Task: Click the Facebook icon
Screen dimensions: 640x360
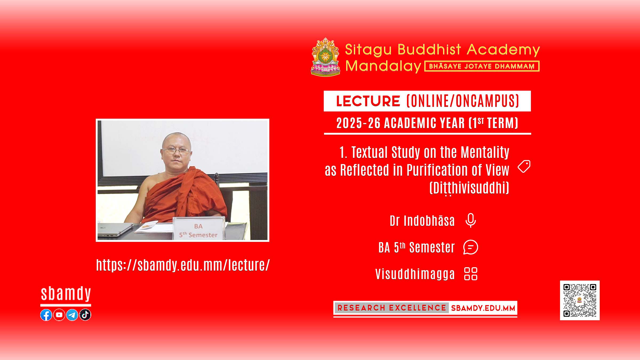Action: [x=46, y=315]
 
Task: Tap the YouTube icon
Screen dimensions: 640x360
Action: [x=59, y=315]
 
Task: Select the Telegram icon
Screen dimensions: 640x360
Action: [x=72, y=315]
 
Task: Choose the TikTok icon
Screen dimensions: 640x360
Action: [x=85, y=315]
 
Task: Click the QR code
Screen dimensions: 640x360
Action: [x=580, y=300]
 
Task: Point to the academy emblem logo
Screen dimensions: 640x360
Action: [x=326, y=57]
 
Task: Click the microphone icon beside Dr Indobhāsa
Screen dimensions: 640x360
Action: [x=471, y=220]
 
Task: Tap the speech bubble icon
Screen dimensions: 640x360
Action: [x=471, y=247]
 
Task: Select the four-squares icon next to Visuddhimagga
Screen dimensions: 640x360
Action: [x=471, y=274]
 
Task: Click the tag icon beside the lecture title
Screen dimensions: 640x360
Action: [x=524, y=166]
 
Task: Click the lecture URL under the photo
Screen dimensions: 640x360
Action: [x=183, y=265]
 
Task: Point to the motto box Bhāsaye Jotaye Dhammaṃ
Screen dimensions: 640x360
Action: [x=482, y=66]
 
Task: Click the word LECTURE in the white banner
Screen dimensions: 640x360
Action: [x=368, y=101]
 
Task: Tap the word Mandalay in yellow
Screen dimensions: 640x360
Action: [x=383, y=66]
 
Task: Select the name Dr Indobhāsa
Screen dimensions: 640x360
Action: [x=422, y=221]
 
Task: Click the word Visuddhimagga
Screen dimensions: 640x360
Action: [x=415, y=274]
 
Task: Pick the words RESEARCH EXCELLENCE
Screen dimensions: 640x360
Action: [x=392, y=308]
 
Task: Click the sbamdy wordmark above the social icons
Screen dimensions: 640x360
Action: [x=66, y=294]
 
